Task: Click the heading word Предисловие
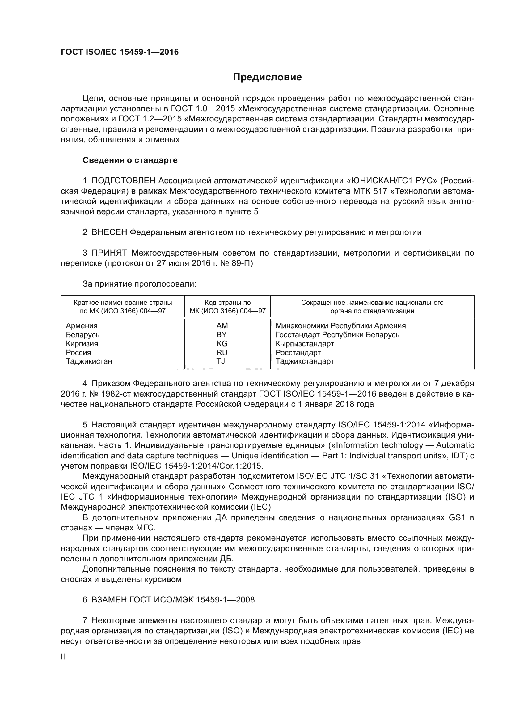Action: [267, 77]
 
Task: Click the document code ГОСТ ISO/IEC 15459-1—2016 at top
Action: [120, 52]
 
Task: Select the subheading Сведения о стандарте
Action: [130, 160]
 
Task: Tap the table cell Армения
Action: [82, 325]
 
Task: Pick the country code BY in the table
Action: [222, 334]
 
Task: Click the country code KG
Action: [222, 343]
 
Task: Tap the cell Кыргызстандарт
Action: [305, 343]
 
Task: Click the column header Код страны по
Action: [227, 303]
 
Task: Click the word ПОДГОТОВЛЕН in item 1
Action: [124, 181]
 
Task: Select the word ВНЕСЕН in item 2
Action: [109, 232]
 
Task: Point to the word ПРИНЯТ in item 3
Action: [109, 253]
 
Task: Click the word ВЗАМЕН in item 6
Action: [109, 600]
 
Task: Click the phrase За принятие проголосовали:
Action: [139, 284]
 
